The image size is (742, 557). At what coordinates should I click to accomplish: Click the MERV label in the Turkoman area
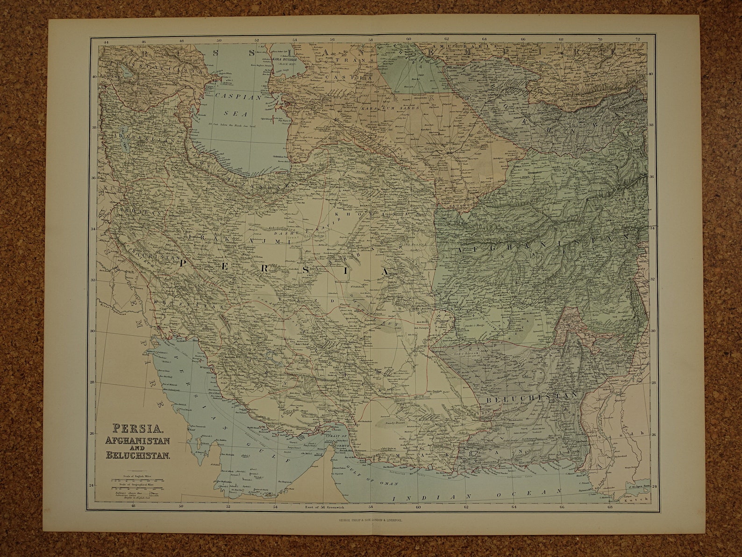point(429,149)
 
